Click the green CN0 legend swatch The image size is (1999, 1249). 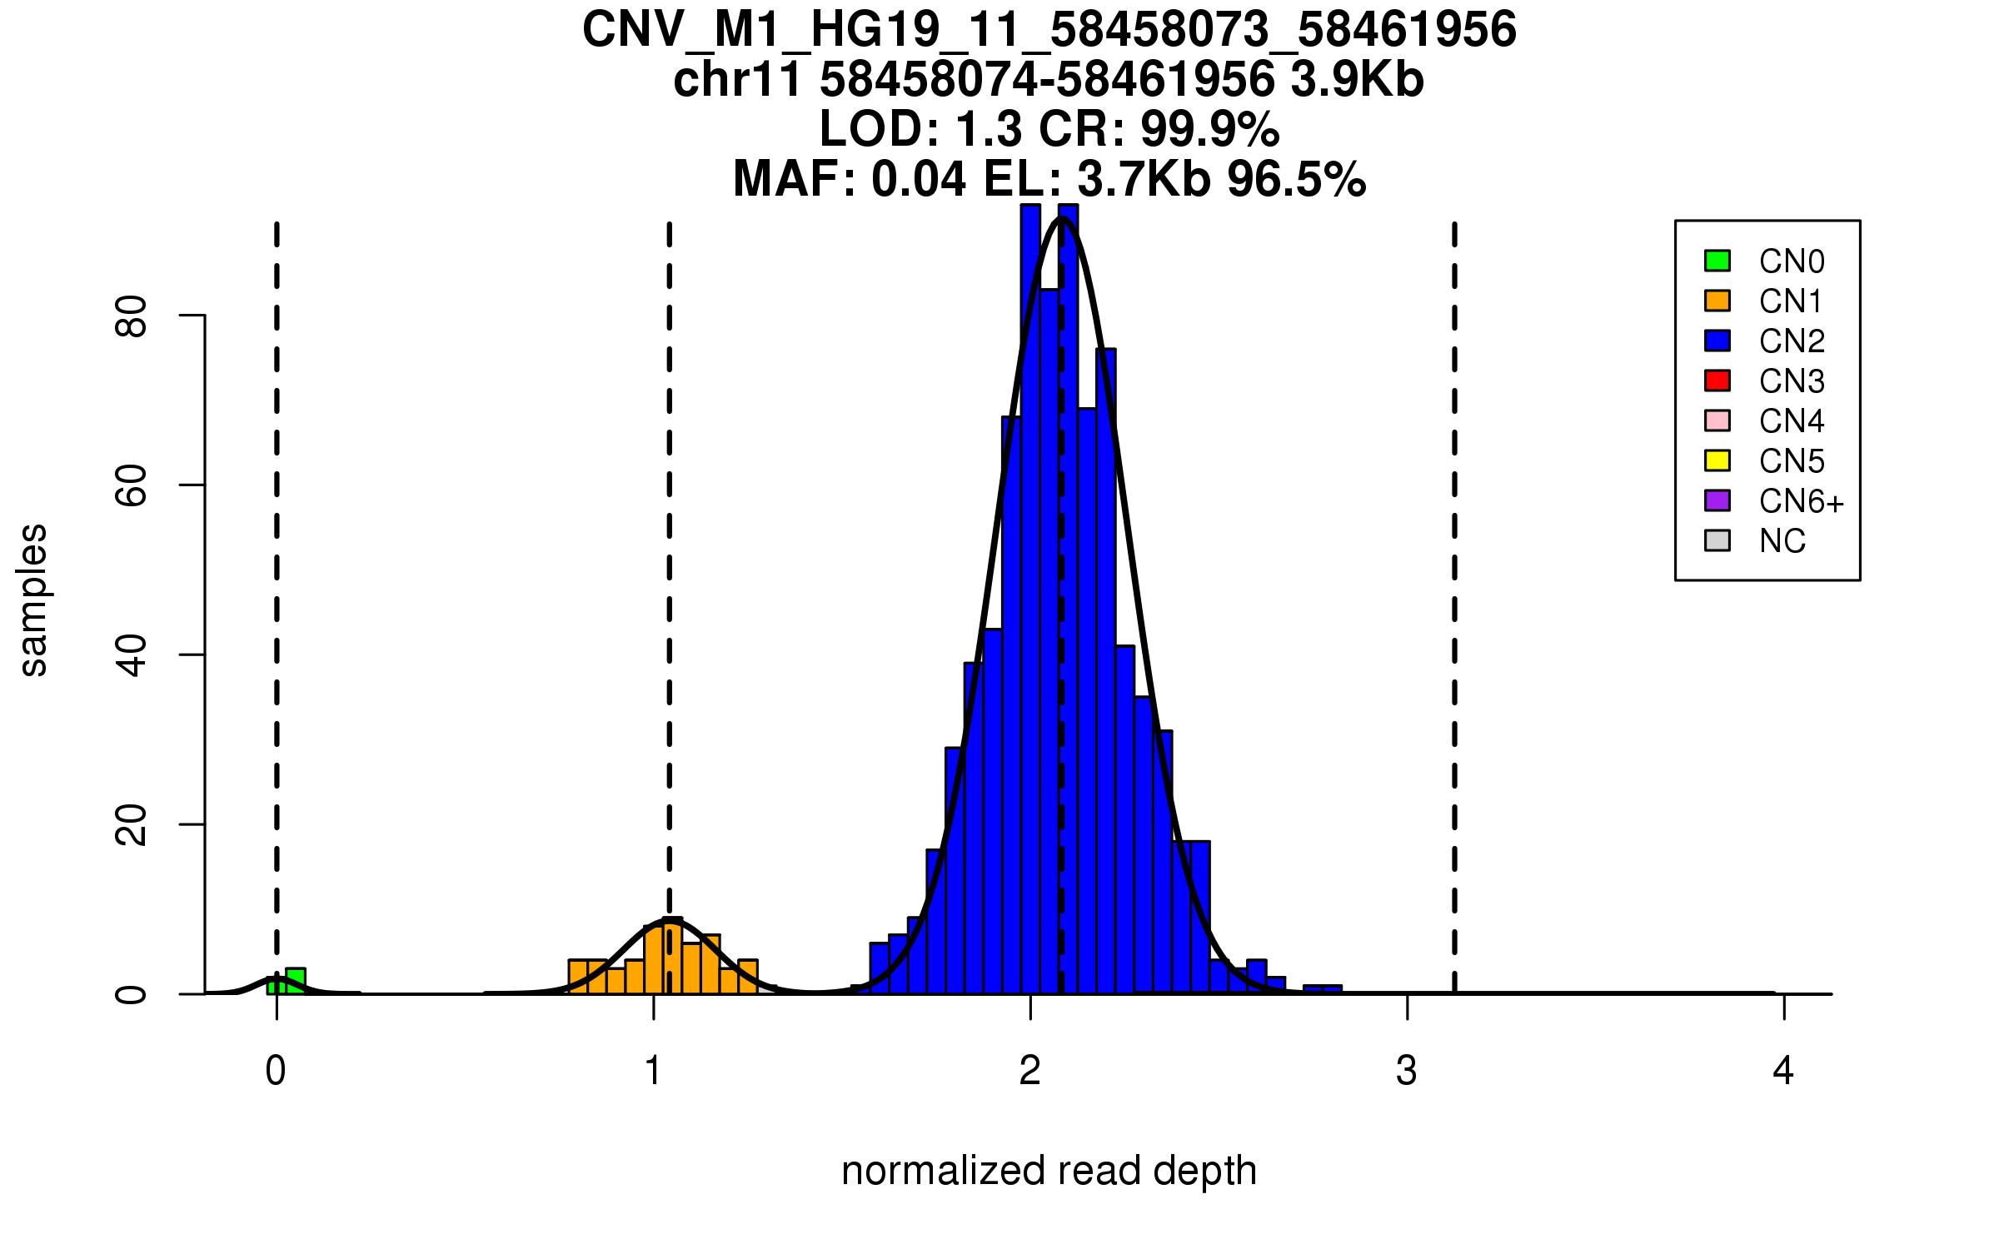[x=1717, y=261]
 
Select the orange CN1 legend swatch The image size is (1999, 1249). [x=1717, y=301]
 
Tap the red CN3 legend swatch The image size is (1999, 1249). [x=1717, y=381]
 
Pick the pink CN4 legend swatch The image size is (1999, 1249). [x=1717, y=420]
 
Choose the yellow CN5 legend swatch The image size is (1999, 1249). [x=1717, y=460]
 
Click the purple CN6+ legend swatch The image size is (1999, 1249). [x=1717, y=500]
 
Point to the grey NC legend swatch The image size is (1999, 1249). [x=1717, y=540]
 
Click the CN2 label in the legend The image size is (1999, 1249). [x=1792, y=341]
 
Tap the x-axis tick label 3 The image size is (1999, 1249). [x=1407, y=1071]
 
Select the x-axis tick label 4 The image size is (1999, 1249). [x=1783, y=1071]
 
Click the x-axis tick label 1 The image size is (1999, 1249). [x=654, y=1071]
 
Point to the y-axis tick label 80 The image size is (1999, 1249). [x=132, y=316]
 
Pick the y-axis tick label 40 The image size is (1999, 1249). [x=132, y=654]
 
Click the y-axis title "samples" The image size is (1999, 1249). [x=33, y=600]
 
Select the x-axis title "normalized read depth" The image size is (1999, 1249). [x=1049, y=1171]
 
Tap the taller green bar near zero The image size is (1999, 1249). [x=296, y=981]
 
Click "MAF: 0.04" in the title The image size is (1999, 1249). [x=850, y=179]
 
